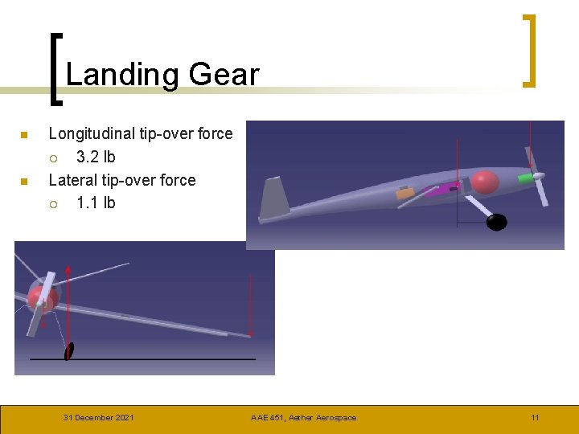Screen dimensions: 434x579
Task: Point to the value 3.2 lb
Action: (96, 157)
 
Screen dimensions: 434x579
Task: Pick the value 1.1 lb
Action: (96, 203)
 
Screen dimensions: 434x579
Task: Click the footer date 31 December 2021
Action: (99, 417)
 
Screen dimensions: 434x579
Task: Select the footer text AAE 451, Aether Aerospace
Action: (303, 417)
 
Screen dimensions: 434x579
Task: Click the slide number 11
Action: (535, 417)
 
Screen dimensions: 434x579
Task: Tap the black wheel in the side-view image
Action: (497, 222)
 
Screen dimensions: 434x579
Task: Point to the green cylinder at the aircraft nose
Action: (525, 177)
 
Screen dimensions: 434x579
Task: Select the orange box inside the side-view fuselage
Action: (405, 194)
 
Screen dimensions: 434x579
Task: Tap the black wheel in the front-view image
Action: (69, 351)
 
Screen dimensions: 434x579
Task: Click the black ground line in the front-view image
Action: (161, 359)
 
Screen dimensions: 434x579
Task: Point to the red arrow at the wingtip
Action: (251, 305)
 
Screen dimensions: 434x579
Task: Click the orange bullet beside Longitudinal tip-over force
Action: (24, 134)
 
